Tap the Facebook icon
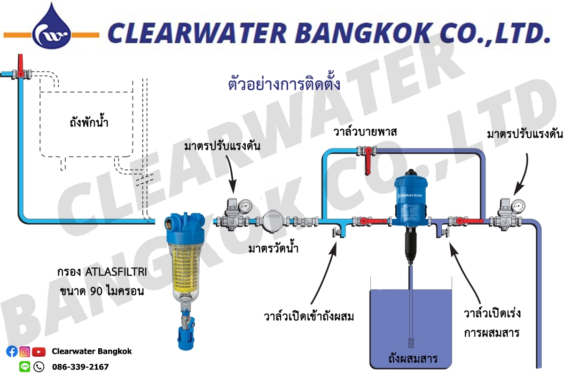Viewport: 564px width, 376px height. coord(12,351)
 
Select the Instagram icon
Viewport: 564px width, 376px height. coord(25,351)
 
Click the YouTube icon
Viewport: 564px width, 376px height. coord(39,351)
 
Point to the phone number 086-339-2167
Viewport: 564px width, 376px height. coord(80,366)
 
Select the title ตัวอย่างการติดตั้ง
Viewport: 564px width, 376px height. coord(283,86)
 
